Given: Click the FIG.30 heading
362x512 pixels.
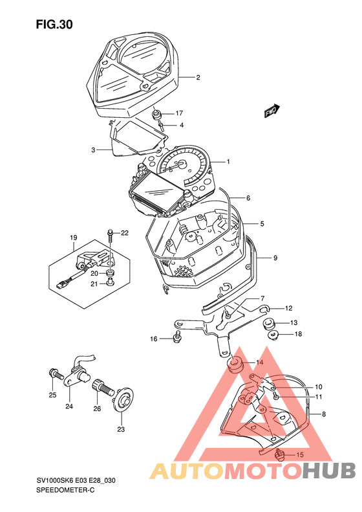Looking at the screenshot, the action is tap(54, 25).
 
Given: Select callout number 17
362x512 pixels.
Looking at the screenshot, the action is tap(179, 113).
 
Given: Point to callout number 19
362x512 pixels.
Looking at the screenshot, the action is tap(73, 238).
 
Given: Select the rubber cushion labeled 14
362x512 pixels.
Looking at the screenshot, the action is tap(235, 364).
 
